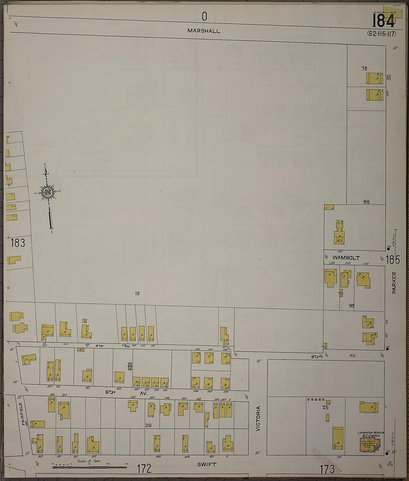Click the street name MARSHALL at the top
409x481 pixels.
click(x=203, y=31)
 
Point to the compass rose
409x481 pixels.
click(x=47, y=192)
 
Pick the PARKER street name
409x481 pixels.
click(x=394, y=283)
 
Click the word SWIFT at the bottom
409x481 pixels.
click(x=207, y=464)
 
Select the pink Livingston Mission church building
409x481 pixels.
click(x=370, y=444)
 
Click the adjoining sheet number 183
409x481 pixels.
click(x=17, y=243)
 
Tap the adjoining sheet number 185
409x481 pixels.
click(x=392, y=259)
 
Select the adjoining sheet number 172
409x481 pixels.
click(x=144, y=469)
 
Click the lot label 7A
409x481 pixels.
click(x=364, y=68)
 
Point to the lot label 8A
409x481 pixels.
click(x=367, y=202)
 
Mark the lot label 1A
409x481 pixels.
click(x=137, y=294)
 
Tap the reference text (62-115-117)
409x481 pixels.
click(x=381, y=34)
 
